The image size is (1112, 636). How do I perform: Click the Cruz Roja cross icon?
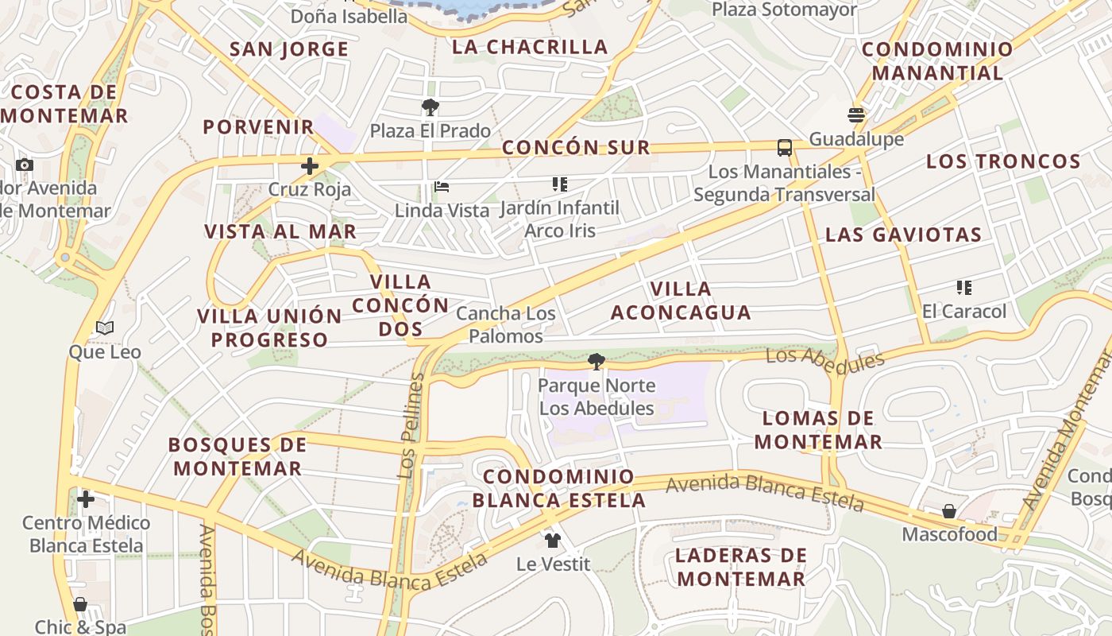tap(309, 166)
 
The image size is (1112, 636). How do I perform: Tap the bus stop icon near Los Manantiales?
tap(784, 147)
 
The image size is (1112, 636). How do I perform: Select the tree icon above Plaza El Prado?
tap(431, 107)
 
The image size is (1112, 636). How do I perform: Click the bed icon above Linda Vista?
tap(442, 188)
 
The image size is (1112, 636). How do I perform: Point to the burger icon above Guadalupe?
tap(856, 115)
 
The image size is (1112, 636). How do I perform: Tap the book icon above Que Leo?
tap(104, 328)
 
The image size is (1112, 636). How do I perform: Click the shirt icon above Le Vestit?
tap(553, 541)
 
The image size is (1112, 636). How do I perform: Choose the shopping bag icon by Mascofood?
tap(948, 511)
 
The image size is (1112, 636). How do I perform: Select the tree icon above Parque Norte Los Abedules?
tap(596, 362)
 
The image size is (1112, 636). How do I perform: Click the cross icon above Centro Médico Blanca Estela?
tap(86, 499)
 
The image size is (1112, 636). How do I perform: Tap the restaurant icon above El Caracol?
tap(963, 288)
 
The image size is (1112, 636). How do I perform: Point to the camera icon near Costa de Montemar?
tap(25, 165)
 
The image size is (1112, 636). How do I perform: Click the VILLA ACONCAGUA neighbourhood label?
tap(681, 301)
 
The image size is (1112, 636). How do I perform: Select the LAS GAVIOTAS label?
tap(903, 235)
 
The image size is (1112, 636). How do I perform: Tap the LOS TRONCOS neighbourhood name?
tap(1003, 161)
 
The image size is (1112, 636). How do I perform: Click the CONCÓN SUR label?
tap(576, 147)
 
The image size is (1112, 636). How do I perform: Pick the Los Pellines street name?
tap(412, 426)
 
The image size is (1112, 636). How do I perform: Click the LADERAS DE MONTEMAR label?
tap(741, 567)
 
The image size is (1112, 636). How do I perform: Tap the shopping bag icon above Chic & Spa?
tap(80, 605)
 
